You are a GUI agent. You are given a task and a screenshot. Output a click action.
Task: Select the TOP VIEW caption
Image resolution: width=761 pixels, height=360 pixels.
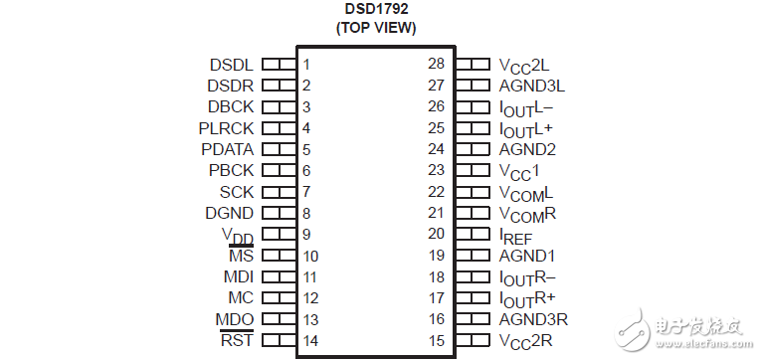[x=375, y=29]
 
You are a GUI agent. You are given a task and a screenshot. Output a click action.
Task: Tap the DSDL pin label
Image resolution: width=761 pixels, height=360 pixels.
[x=231, y=65]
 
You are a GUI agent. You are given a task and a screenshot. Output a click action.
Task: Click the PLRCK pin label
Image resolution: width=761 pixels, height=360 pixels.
[x=226, y=128]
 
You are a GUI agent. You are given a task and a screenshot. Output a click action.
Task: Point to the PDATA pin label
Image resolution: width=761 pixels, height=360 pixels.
[x=227, y=149]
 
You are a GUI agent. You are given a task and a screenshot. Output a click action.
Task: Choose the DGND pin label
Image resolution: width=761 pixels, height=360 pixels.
[x=229, y=213]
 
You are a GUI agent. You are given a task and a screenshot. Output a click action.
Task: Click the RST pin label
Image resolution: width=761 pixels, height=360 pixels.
[x=237, y=340]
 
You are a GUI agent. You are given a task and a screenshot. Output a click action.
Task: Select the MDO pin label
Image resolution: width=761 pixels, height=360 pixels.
[x=234, y=319]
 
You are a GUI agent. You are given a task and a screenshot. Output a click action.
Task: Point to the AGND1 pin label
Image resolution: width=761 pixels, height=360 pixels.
[x=527, y=256]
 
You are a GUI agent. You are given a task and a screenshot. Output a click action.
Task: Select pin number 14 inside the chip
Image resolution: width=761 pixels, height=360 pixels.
[x=310, y=341]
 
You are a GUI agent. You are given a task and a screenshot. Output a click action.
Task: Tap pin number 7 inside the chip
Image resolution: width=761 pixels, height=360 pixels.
[x=307, y=192]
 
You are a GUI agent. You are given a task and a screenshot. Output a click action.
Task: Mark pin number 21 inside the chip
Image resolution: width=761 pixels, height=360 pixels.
[x=436, y=213]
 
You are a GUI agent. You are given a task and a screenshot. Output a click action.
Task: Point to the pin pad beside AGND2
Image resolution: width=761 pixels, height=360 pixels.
[x=472, y=149]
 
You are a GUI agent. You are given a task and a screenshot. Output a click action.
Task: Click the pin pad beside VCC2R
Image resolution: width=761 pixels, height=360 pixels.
[x=472, y=340]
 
